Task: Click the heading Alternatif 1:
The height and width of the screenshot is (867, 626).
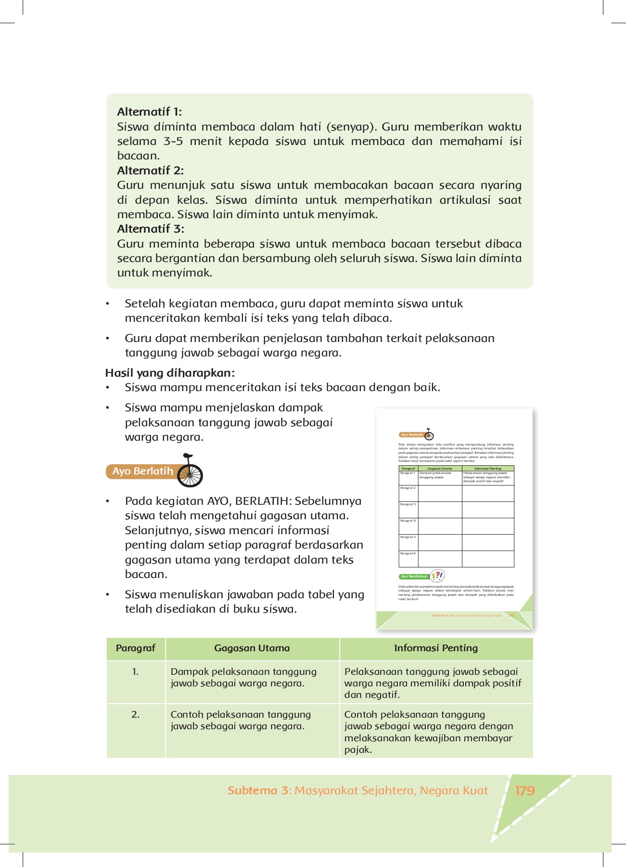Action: coord(149,112)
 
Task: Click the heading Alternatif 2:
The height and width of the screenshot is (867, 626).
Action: coord(150,171)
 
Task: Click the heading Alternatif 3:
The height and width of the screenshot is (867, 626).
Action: coord(151,229)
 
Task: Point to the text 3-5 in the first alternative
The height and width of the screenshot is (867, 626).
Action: coord(173,141)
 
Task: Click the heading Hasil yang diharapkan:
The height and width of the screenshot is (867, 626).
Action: coord(170,373)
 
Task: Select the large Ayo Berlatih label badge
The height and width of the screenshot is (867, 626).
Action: coord(142,472)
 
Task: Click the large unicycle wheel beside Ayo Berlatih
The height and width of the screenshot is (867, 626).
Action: coord(190,474)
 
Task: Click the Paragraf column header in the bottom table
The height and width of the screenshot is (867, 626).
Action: coord(136,648)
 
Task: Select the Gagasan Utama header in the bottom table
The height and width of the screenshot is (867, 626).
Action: coord(252,648)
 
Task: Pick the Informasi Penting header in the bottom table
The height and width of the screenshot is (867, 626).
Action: coord(436,648)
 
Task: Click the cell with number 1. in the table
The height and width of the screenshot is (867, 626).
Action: coord(136,671)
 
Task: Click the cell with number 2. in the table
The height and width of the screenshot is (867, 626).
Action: coord(136,714)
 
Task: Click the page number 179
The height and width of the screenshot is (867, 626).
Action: coord(524,790)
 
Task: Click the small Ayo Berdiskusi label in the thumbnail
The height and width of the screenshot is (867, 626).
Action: coord(414,576)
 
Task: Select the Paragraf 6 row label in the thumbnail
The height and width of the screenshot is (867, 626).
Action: coord(408,553)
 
